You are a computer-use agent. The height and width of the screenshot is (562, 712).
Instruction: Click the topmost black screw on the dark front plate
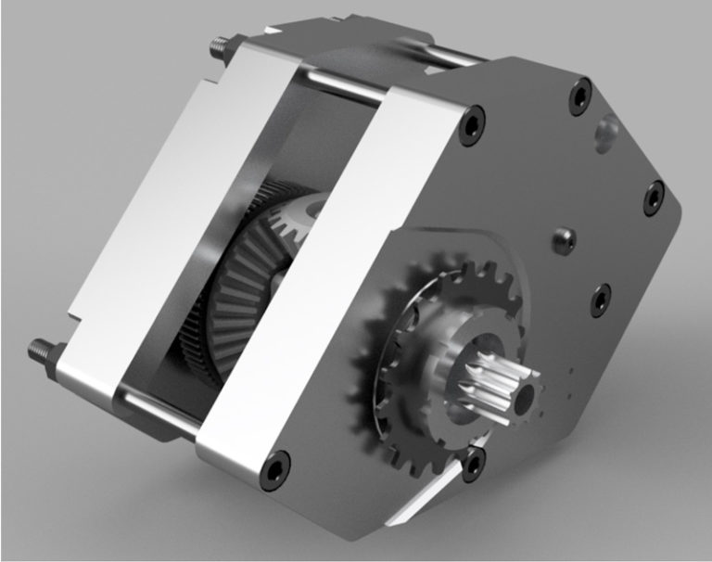pos(580,93)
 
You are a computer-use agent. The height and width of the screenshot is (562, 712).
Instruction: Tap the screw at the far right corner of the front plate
pos(654,196)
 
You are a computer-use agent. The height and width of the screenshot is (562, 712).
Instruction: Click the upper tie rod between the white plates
pos(343,88)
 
